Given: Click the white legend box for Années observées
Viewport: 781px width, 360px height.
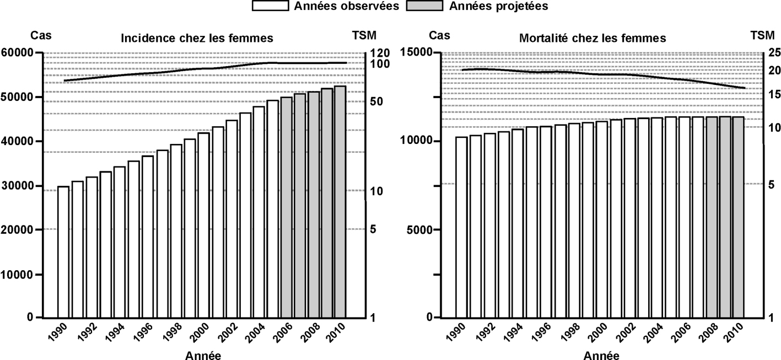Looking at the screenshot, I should click(271, 6).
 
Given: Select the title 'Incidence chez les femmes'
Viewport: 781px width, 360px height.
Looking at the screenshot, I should click(197, 38).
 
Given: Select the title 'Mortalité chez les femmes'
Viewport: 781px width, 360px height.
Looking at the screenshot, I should click(593, 39).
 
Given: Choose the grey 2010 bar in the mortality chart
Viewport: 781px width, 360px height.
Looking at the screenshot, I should click(739, 217).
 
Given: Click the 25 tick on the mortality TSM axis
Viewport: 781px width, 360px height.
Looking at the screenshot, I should click(774, 53).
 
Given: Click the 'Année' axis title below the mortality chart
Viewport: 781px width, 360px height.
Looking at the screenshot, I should click(600, 355).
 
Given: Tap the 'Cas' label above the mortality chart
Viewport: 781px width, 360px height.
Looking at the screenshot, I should click(439, 36).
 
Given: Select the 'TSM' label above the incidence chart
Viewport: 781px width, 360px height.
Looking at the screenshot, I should click(364, 36).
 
